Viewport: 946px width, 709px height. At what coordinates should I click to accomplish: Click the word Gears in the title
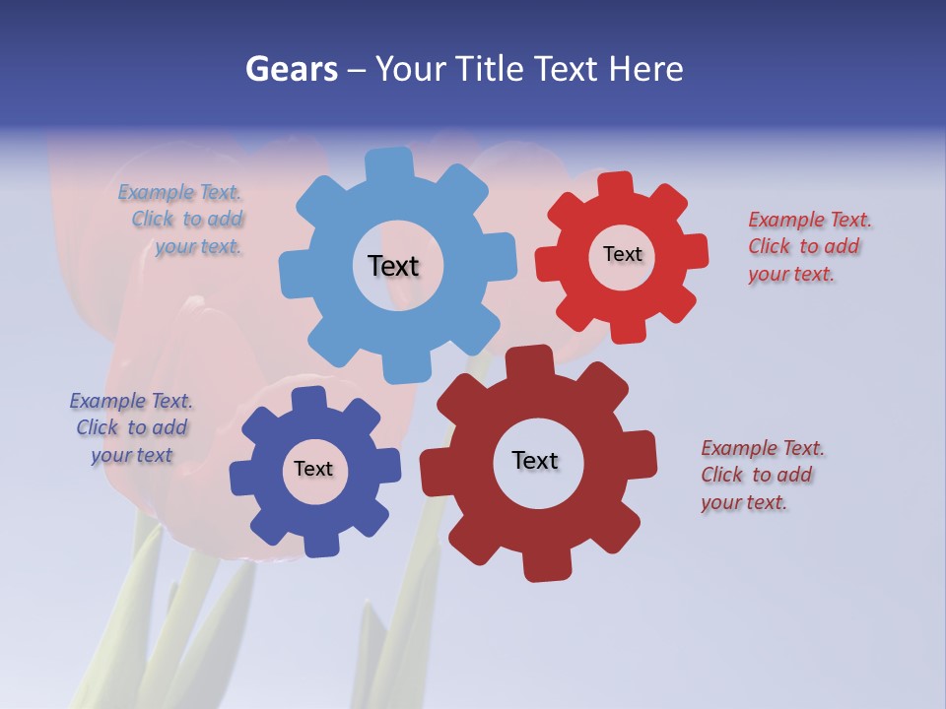pyautogui.click(x=291, y=69)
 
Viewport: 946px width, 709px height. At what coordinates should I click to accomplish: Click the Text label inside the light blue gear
pyautogui.click(x=393, y=266)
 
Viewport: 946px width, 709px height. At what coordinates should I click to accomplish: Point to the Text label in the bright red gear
pyautogui.click(x=622, y=254)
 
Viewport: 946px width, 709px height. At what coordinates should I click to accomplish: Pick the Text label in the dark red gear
pyautogui.click(x=535, y=460)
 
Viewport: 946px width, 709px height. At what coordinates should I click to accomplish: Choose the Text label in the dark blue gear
pyautogui.click(x=313, y=469)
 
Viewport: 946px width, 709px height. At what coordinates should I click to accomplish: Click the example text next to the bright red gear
pyautogui.click(x=808, y=246)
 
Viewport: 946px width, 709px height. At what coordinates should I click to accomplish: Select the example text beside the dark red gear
pyautogui.click(x=761, y=475)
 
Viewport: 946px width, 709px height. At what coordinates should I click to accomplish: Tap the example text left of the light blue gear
pyautogui.click(x=184, y=220)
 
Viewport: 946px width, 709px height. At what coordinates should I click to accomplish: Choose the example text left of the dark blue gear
pyautogui.click(x=131, y=427)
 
